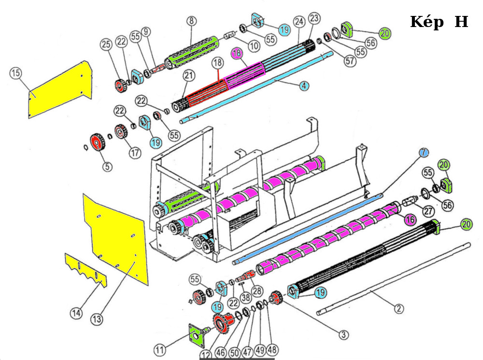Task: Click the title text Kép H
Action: pyautogui.click(x=439, y=22)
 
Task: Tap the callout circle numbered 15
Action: pyautogui.click(x=16, y=73)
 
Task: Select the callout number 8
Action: pyautogui.click(x=192, y=21)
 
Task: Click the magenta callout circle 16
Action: pyautogui.click(x=410, y=220)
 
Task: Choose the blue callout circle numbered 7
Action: pyautogui.click(x=423, y=152)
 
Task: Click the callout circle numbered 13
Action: pyautogui.click(x=97, y=319)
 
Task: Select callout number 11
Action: pyautogui.click(x=160, y=348)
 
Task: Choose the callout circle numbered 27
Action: pyautogui.click(x=428, y=210)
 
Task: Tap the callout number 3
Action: pyautogui.click(x=343, y=334)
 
